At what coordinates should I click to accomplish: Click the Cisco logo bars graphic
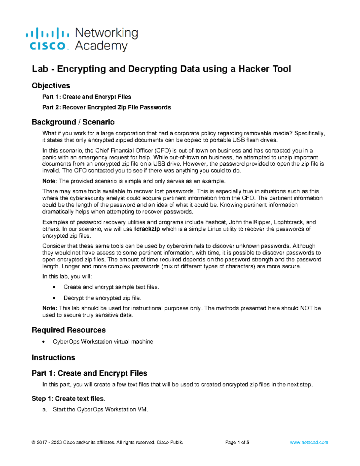coord(47,33)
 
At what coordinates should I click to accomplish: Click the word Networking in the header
coord(106,33)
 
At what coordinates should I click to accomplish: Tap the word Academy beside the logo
coord(101,46)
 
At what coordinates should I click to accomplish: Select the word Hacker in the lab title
coord(254,69)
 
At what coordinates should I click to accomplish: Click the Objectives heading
coord(51,86)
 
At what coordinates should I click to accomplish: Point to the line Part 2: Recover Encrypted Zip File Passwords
coord(106,107)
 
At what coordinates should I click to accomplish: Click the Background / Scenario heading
coord(73,122)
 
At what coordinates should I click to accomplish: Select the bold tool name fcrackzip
coord(147,229)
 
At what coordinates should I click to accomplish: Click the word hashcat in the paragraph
coord(216,222)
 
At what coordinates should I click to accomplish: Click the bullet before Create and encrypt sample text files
coord(54,287)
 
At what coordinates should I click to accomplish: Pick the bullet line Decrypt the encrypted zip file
coord(102,298)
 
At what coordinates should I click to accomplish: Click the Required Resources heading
coord(68,330)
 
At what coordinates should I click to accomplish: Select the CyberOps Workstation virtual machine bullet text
coord(103,342)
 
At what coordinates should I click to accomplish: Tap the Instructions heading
coord(53,358)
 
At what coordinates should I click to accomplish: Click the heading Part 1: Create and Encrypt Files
coord(89,373)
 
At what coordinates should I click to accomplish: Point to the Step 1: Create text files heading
coord(68,399)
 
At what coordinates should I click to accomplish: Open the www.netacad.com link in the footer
coord(309,443)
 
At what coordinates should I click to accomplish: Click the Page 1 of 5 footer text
coord(237,443)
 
